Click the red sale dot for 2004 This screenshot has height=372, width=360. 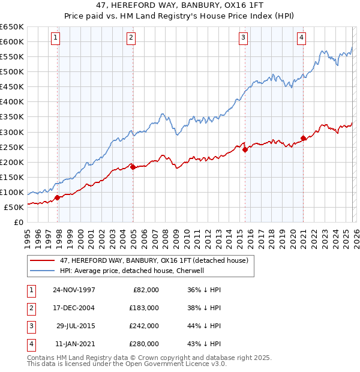pos(133,167)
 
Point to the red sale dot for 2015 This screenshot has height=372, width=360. pos(245,150)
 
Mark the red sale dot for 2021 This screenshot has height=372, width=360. pos(303,139)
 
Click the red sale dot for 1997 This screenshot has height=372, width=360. pos(58,197)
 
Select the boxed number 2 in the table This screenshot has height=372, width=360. pos(30,308)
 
